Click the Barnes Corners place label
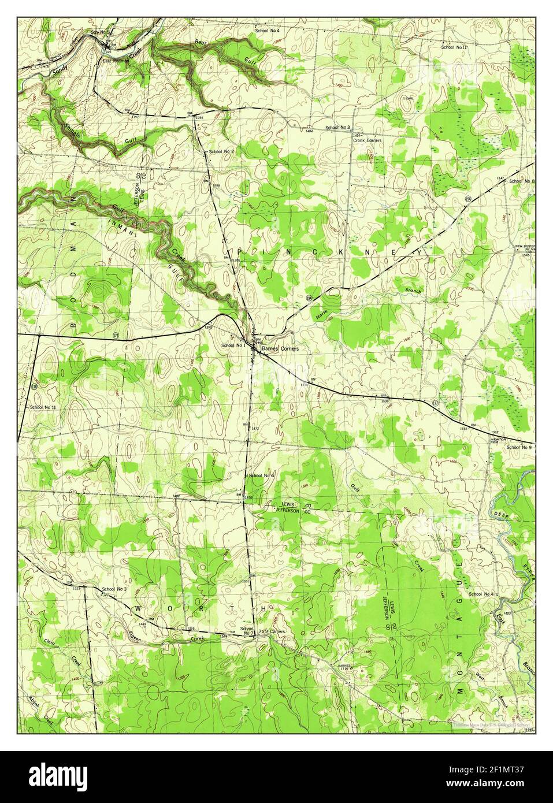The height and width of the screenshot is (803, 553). (279, 349)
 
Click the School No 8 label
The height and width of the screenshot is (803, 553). (521, 181)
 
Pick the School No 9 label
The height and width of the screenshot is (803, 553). (518, 447)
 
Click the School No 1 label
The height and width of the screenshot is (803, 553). (233, 345)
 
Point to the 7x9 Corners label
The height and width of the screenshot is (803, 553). (272, 631)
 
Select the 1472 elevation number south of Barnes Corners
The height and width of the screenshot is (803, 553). (255, 427)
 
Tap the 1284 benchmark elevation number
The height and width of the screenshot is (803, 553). (200, 117)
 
